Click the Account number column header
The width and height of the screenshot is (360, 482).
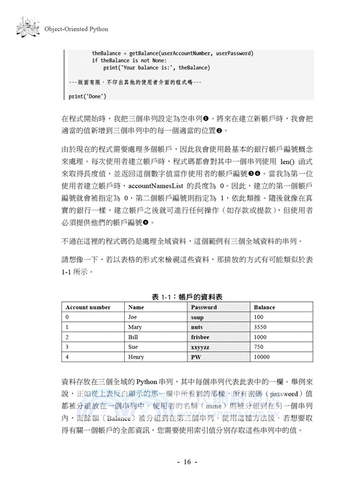tap(88, 307)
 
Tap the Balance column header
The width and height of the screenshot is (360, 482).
tap(264, 307)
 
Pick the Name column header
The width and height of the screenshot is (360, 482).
tap(136, 307)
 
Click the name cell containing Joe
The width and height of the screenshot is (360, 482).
tap(134, 317)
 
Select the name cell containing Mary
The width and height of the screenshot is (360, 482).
tap(135, 327)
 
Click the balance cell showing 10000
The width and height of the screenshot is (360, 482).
tap(262, 357)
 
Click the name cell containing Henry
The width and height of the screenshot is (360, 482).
tap(137, 357)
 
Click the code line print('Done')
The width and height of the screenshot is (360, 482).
tap(87, 96)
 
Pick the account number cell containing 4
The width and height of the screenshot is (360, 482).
tap(67, 357)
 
